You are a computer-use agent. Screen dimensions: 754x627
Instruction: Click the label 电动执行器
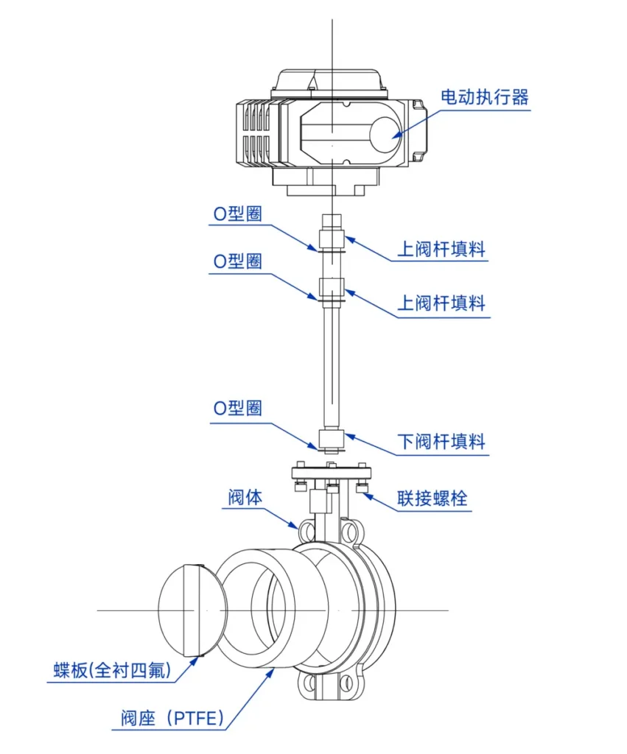484,97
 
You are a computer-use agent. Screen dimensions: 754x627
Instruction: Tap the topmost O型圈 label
238,214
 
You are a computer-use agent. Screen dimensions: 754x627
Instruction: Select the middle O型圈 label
238,261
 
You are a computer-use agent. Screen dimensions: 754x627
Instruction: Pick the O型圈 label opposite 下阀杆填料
238,408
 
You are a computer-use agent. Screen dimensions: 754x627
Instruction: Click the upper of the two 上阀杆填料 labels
441,249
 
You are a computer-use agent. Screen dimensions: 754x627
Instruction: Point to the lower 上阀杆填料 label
441,303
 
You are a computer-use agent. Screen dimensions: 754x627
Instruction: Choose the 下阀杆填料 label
441,442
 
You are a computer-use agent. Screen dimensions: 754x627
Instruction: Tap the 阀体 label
244,498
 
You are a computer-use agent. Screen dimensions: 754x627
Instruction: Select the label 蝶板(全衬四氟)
112,670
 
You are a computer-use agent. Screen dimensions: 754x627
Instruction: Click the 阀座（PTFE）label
171,718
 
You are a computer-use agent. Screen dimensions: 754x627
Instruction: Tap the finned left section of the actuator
254,133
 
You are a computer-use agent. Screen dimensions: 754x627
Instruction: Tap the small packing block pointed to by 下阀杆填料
332,441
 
